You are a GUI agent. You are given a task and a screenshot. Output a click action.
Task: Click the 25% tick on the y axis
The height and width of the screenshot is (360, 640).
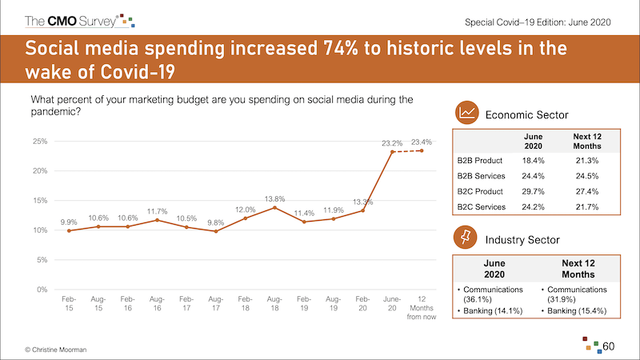coord(39,142)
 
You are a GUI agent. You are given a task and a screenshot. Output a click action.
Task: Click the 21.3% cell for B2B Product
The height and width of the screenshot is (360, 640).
coord(587,161)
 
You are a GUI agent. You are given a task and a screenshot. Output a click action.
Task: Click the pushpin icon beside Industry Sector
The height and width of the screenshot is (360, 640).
coord(468,238)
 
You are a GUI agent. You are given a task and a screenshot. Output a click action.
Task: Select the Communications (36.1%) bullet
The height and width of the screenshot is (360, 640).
coord(490,294)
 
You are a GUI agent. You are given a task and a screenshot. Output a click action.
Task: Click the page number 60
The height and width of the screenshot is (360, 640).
coord(609,346)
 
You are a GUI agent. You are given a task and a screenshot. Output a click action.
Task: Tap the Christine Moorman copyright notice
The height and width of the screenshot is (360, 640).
coord(58,350)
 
